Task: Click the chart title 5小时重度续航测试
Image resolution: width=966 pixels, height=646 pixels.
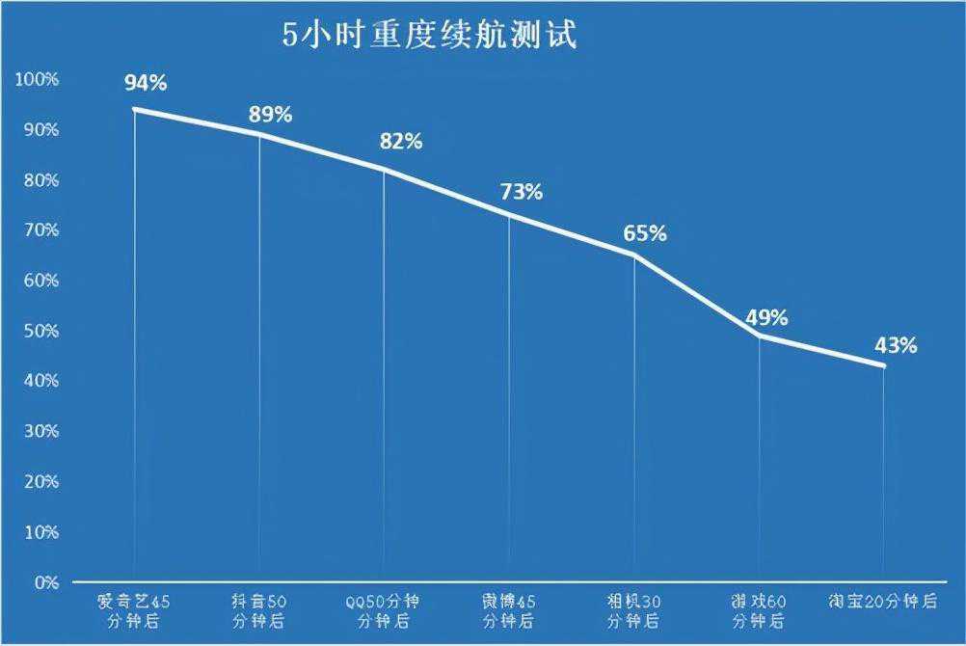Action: [429, 37]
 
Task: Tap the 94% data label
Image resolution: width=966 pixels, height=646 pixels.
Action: [146, 83]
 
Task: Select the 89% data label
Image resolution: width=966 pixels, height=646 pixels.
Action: [270, 115]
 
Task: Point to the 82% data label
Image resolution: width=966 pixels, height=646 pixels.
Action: [401, 142]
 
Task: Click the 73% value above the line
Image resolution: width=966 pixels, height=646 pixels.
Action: [522, 192]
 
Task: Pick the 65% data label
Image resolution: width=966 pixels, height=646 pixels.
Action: [645, 233]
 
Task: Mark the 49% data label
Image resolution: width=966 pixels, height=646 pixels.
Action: [766, 318]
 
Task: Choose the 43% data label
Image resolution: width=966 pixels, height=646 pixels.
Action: [896, 345]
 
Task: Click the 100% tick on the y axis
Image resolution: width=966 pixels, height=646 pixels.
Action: [37, 79]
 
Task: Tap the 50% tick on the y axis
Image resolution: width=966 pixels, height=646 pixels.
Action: [40, 331]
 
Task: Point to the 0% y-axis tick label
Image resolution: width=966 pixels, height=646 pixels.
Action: [45, 582]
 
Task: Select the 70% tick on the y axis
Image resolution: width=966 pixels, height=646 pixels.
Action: [40, 230]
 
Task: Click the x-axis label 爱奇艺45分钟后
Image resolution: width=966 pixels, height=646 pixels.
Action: [134, 610]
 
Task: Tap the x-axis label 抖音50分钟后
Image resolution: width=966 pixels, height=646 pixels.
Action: [259, 610]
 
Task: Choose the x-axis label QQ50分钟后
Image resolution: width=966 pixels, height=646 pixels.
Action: [383, 610]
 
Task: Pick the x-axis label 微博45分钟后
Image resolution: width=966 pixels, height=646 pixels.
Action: [509, 610]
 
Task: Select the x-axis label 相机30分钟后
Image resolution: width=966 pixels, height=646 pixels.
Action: [634, 610]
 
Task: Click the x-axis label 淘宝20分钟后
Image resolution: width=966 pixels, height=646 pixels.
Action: [883, 602]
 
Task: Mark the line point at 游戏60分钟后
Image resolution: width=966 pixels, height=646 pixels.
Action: [760, 336]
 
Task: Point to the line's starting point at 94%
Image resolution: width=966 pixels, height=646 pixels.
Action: [134, 109]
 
